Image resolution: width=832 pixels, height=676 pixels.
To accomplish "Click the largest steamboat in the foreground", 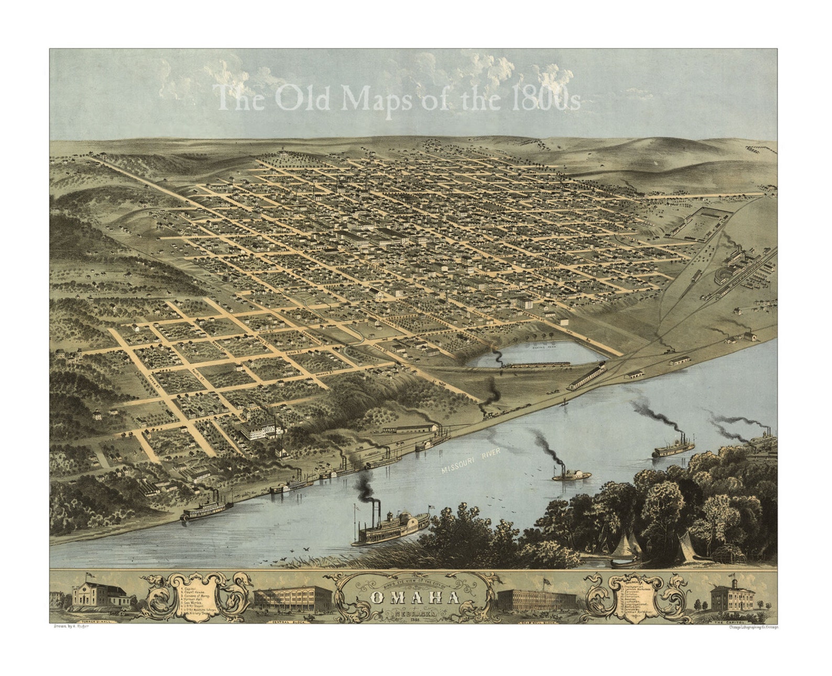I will point(390,529).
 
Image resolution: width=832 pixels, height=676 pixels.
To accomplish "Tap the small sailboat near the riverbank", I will point(565,403).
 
